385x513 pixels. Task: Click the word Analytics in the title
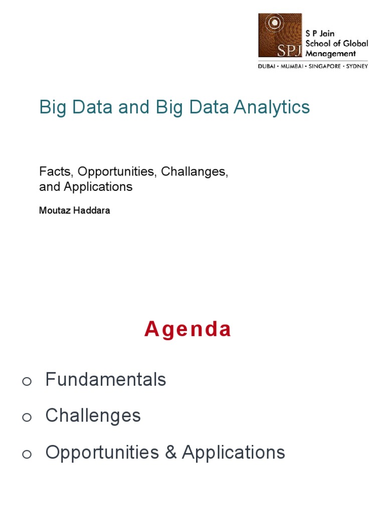click(x=268, y=108)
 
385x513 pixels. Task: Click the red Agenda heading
click(x=188, y=330)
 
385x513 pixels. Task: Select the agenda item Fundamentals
click(x=105, y=380)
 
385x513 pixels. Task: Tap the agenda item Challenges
click(x=93, y=416)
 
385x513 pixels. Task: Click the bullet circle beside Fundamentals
click(x=27, y=382)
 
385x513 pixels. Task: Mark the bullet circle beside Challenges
click(x=27, y=418)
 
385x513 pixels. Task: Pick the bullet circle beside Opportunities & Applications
click(x=27, y=454)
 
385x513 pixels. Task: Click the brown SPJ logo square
click(x=280, y=36)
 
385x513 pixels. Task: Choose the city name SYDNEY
click(x=357, y=66)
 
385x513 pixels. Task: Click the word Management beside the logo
click(x=331, y=53)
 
